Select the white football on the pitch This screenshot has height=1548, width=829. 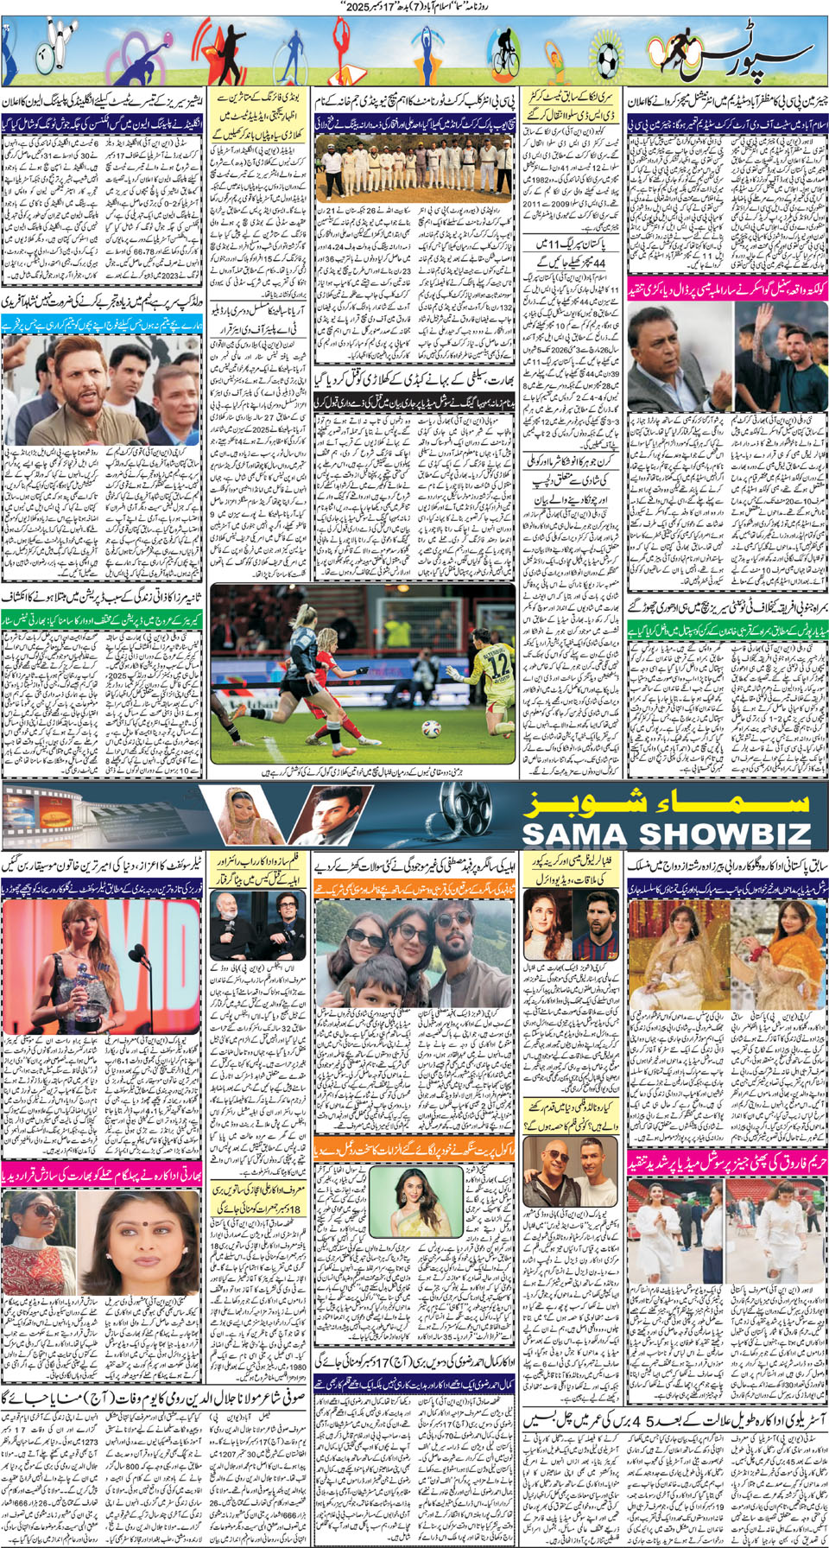tap(429, 728)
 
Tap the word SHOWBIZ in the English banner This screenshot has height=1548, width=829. tap(726, 834)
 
